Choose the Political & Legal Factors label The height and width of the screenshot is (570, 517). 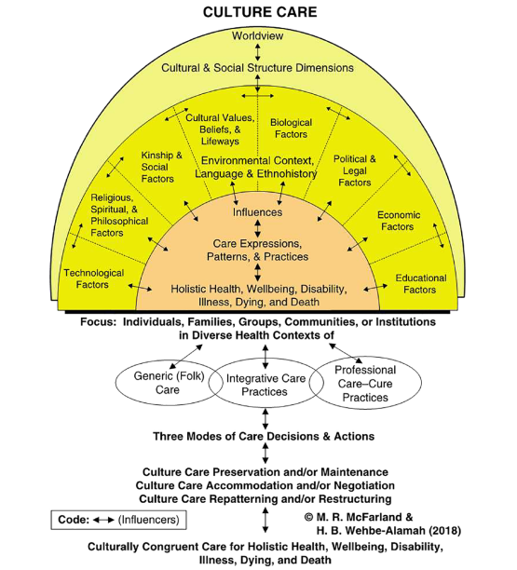354,170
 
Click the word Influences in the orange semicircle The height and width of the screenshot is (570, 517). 257,212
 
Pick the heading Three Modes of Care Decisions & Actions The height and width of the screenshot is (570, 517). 265,436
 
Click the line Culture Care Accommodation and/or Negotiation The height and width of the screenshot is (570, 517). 265,485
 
